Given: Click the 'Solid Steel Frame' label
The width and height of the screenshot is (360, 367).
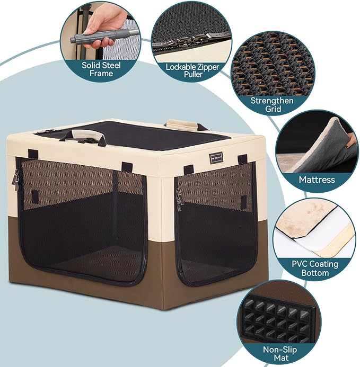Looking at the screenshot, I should [x=101, y=69].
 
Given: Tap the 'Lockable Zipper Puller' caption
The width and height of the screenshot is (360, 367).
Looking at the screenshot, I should [x=185, y=71].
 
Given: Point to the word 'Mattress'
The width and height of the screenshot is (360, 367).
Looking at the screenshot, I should [x=317, y=180].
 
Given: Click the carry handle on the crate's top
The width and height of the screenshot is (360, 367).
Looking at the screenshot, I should [x=85, y=136].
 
